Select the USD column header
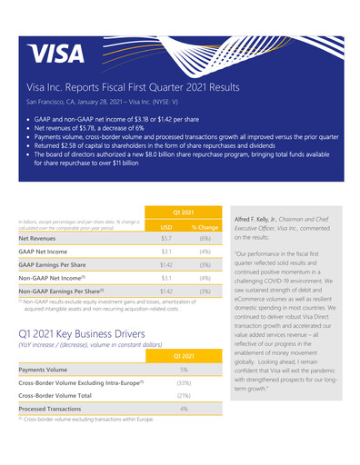166,227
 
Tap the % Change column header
205,227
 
